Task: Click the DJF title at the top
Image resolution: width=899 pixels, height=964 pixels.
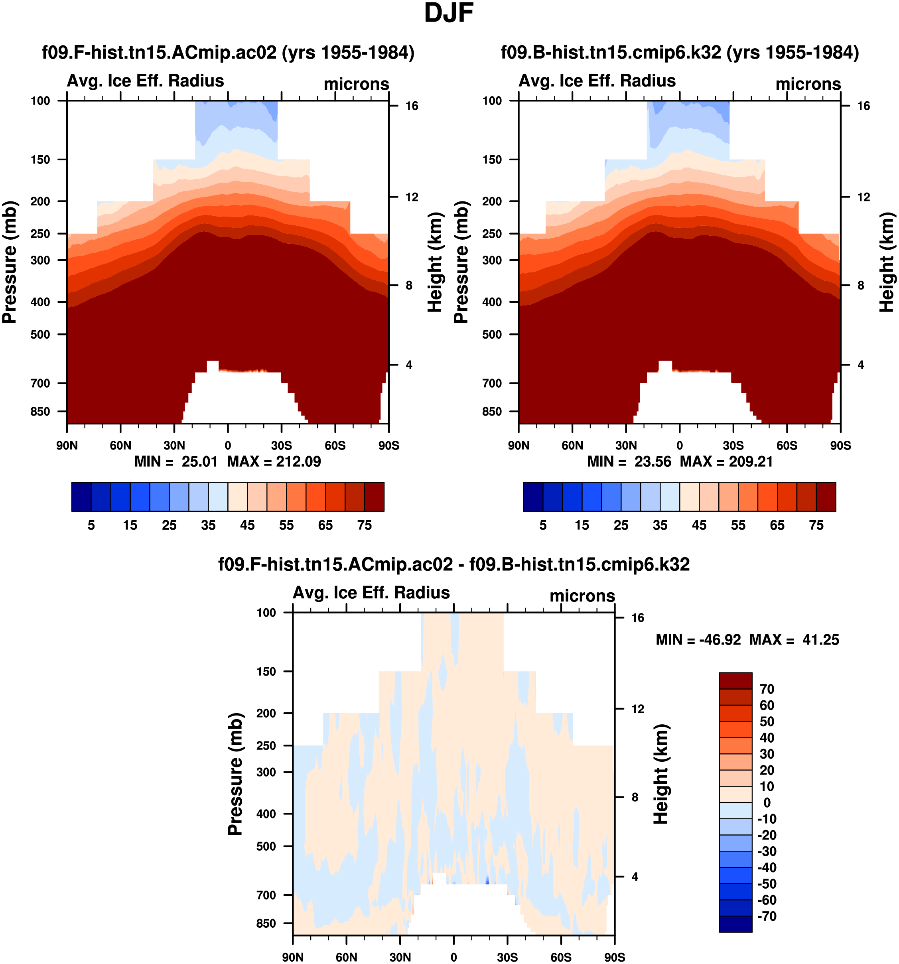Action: point(449,13)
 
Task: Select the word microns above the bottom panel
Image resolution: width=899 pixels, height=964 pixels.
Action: point(582,595)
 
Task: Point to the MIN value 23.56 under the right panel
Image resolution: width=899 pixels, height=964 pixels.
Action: point(653,461)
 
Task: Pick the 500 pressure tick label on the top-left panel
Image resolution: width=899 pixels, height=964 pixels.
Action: point(40,335)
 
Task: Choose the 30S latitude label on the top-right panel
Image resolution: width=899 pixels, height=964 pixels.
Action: point(733,445)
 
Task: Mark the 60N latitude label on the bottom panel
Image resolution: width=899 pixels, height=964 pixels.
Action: point(346,957)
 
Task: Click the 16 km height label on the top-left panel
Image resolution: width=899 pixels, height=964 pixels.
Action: point(412,106)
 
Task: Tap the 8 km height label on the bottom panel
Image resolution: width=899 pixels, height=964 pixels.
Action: point(634,797)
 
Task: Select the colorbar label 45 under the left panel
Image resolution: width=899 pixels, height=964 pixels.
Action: point(247,525)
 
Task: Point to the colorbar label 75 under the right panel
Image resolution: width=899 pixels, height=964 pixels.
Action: point(816,525)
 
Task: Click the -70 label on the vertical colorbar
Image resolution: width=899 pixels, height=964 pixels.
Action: point(767,916)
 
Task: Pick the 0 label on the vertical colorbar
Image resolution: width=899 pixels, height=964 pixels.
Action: point(767,802)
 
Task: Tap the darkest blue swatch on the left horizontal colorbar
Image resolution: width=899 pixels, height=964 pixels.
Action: point(81,497)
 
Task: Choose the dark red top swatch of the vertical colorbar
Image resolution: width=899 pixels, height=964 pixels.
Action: point(735,681)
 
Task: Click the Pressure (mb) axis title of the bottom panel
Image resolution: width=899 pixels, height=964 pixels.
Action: point(235,774)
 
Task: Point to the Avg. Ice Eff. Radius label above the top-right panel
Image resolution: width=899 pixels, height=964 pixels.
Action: point(597,81)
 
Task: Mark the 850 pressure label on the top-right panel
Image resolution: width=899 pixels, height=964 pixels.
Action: point(492,412)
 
